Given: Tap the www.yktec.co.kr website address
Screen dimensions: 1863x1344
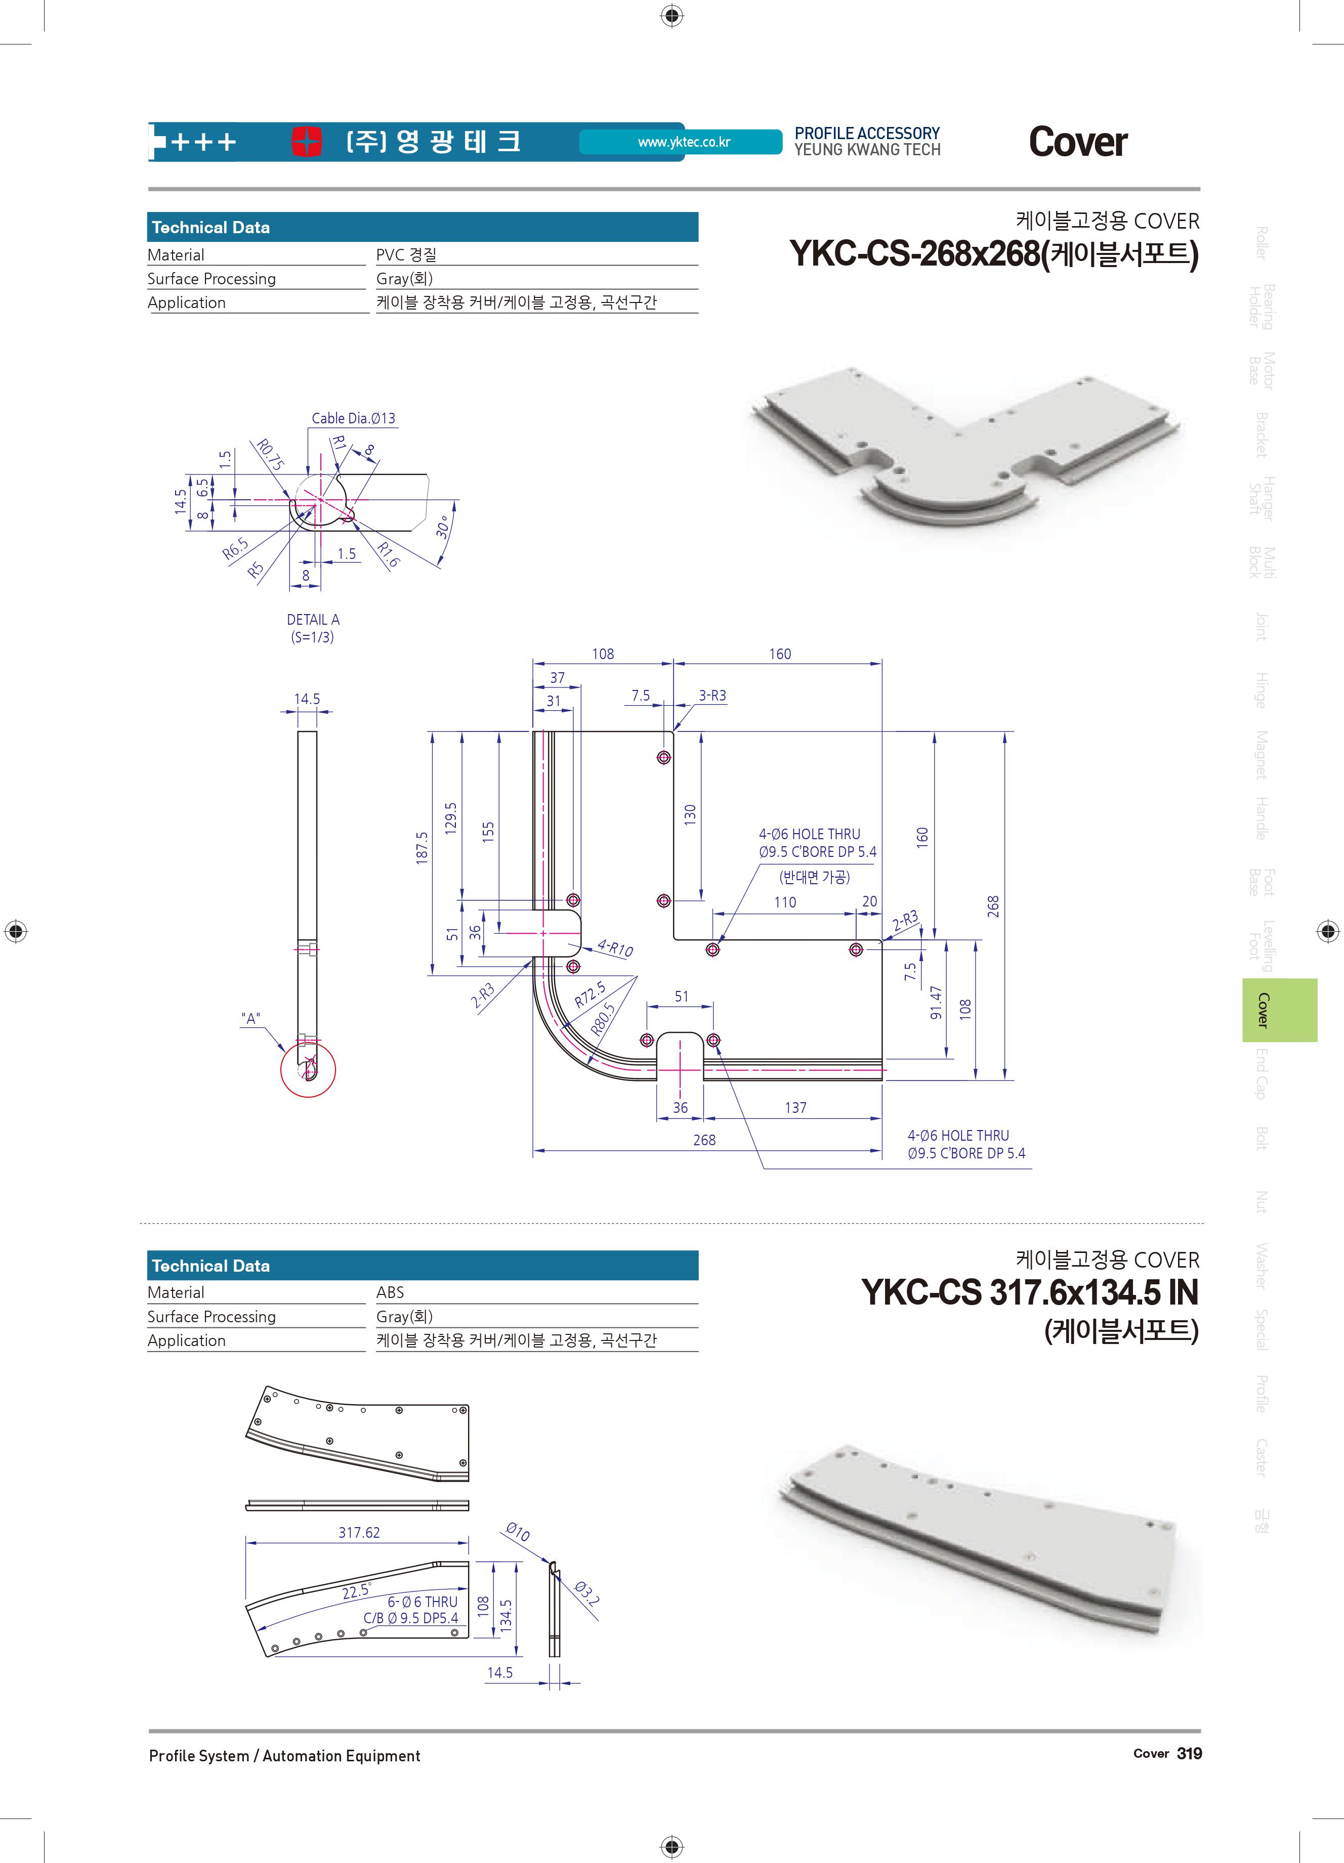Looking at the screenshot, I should [x=684, y=142].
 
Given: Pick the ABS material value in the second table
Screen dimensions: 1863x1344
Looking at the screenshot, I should [x=390, y=1292].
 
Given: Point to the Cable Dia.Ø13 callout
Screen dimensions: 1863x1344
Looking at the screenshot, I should [x=353, y=418].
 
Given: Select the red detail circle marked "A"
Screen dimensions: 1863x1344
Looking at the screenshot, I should [x=308, y=1069].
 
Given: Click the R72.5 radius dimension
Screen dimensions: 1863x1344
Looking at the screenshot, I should [x=590, y=995].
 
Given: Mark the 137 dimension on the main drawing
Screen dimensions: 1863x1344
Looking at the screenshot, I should [x=795, y=1107].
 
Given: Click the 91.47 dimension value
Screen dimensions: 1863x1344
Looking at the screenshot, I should [x=936, y=1002].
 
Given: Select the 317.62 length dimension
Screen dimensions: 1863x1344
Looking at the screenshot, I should [x=359, y=1533].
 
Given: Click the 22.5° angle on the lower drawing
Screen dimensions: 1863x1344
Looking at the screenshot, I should [x=357, y=1591].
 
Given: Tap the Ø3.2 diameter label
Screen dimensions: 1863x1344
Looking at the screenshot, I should [x=586, y=1593].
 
